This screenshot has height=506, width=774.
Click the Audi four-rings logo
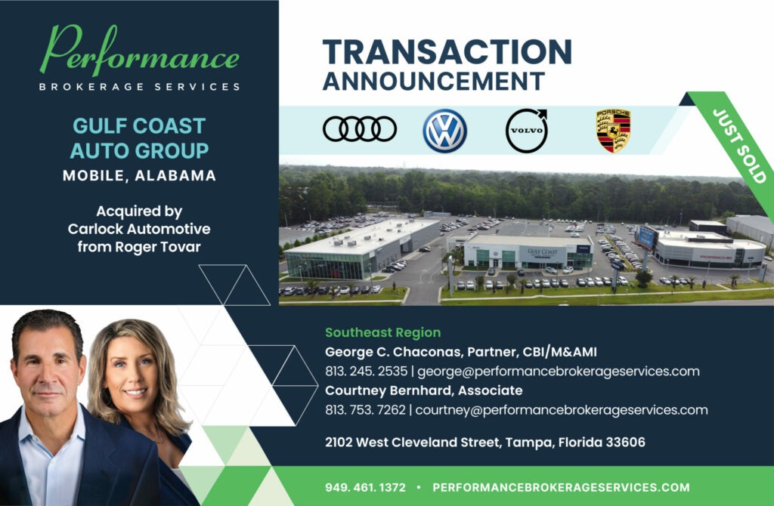[359, 129]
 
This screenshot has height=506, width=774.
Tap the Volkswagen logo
[444, 130]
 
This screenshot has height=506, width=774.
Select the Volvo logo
[525, 130]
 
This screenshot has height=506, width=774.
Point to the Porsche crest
[613, 130]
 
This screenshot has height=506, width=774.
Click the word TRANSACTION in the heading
[447, 52]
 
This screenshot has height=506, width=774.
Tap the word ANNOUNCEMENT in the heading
[433, 81]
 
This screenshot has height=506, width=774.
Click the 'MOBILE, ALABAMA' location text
[139, 176]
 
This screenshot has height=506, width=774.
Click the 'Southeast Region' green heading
[382, 332]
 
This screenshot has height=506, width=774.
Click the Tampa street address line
[485, 442]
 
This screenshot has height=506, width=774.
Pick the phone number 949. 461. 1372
[366, 487]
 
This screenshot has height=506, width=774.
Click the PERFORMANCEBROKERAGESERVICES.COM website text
[561, 487]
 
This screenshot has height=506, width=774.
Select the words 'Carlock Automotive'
[139, 229]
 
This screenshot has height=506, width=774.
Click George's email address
[558, 371]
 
